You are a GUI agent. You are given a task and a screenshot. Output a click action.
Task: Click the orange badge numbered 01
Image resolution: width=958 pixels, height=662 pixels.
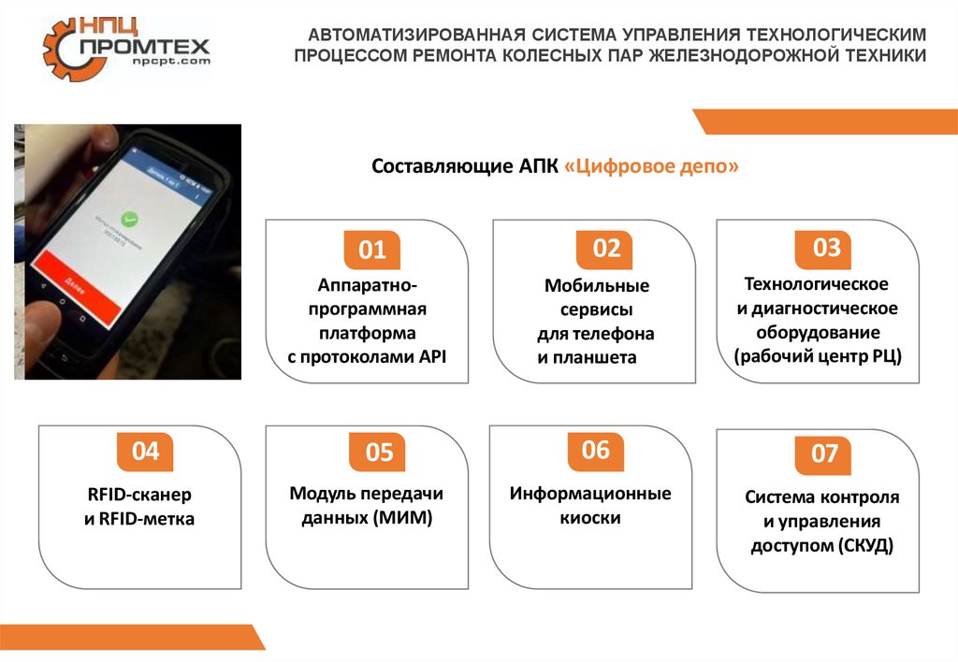click(372, 251)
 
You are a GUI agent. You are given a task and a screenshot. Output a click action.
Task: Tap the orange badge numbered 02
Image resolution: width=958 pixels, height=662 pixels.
click(607, 249)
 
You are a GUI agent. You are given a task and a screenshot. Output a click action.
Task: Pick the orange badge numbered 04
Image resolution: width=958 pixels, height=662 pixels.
click(145, 453)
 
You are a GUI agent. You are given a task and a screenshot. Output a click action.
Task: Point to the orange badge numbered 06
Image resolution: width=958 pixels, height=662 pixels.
click(596, 451)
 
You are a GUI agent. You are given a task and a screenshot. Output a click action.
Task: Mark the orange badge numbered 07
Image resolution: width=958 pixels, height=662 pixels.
click(824, 454)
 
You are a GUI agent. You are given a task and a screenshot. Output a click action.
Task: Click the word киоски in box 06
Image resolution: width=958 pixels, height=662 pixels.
click(590, 518)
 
